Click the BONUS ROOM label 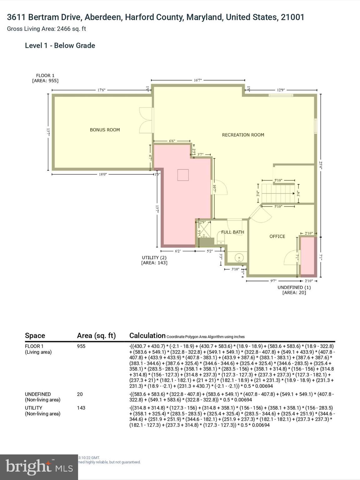[x=105, y=130]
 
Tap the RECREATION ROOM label [x=243, y=135]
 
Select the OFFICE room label [x=277, y=236]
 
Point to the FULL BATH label [x=232, y=232]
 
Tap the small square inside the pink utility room [x=183, y=175]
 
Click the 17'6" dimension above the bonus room [x=102, y=90]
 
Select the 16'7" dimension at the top [x=198, y=80]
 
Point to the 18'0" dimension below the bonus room [x=103, y=174]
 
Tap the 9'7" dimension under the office [x=273, y=281]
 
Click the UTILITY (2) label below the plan [x=154, y=257]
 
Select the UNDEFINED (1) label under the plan [x=294, y=287]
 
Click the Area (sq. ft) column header [x=96, y=335]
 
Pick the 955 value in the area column [x=81, y=346]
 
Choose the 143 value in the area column [x=81, y=407]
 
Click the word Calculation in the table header [x=147, y=335]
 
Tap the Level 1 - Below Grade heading [x=60, y=45]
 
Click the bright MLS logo [x=39, y=467]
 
